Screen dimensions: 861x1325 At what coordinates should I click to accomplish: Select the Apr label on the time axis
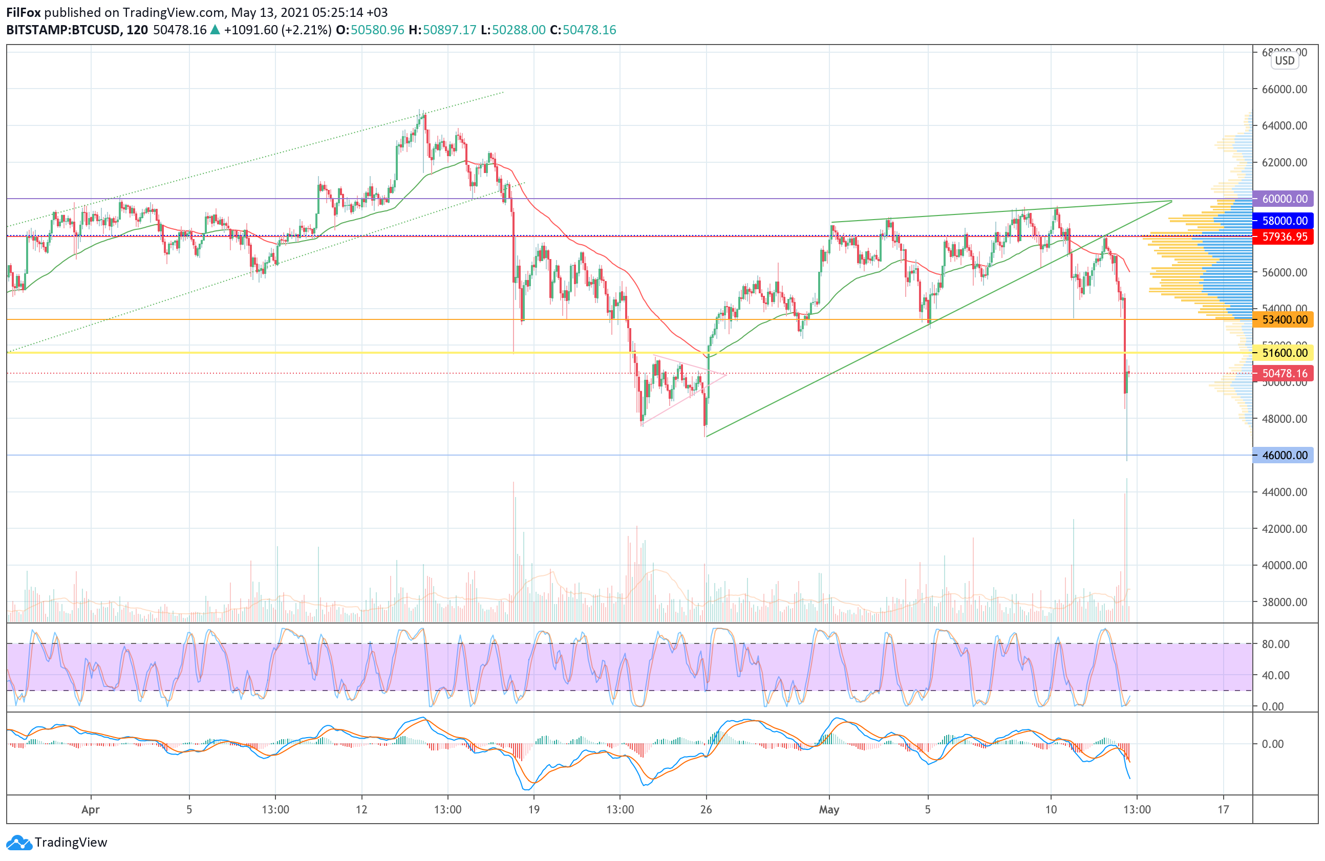tap(91, 809)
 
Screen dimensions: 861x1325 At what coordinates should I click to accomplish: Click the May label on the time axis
tap(829, 809)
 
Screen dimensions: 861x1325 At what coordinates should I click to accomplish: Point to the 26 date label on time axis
tap(706, 809)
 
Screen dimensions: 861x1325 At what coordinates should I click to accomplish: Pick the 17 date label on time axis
tap(1223, 809)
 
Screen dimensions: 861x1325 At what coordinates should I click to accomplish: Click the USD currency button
tap(1285, 61)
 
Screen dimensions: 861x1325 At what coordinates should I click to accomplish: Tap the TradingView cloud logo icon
tap(19, 843)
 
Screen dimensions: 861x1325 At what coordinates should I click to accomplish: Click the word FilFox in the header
tap(24, 12)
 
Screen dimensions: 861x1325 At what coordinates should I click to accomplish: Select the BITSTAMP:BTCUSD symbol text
tap(63, 30)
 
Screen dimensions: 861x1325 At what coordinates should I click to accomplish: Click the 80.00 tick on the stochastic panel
tap(1275, 644)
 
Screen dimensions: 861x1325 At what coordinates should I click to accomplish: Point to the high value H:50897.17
tap(442, 30)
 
